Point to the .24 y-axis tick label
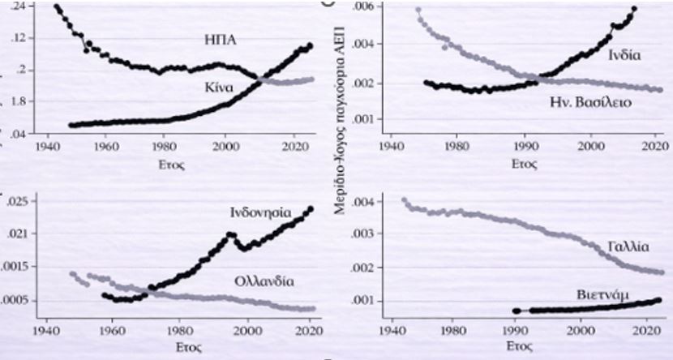[15, 6]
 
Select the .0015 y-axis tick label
[15, 267]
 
